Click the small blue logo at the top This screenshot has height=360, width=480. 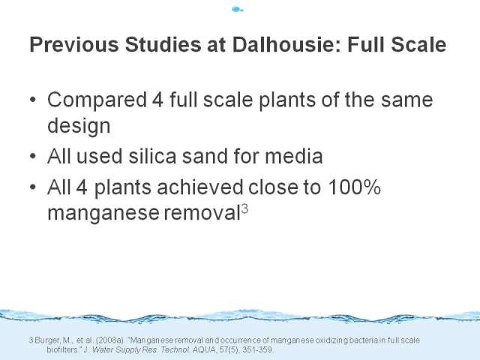238,9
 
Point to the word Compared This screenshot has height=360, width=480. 97,100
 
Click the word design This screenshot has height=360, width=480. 79,125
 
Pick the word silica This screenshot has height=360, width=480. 152,156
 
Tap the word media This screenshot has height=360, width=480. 293,156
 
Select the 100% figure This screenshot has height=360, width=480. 354,187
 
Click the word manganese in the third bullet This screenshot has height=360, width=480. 103,213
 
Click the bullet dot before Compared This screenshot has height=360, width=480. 33,100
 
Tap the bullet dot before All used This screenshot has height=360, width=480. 33,156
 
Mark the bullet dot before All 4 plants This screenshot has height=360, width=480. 33,187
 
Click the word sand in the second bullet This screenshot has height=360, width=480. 205,156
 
